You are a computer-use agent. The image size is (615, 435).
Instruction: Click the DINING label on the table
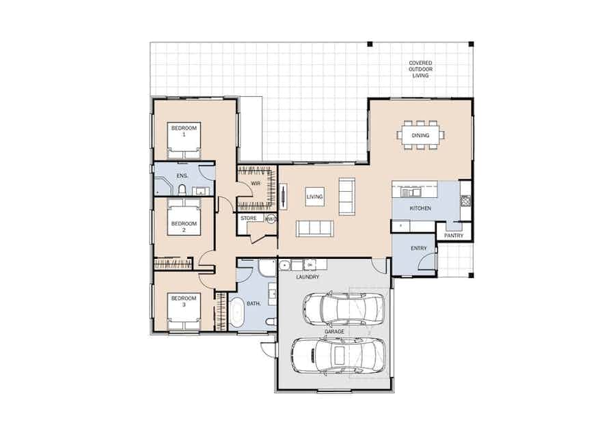[420, 136]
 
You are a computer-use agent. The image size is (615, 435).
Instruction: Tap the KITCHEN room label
[420, 208]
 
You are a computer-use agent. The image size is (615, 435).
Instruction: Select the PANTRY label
[454, 236]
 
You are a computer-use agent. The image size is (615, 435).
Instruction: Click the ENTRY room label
[418, 249]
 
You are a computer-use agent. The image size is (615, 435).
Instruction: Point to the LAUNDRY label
[307, 277]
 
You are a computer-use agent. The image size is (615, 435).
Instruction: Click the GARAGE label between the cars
[334, 331]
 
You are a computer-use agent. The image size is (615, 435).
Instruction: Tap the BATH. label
[254, 304]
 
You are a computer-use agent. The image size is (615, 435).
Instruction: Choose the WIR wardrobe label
[256, 184]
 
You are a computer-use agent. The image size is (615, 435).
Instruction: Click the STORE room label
[249, 219]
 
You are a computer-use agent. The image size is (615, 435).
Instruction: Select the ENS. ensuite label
[182, 176]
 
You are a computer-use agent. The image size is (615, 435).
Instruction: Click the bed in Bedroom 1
[184, 140]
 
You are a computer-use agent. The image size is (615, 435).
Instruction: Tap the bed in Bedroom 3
[184, 311]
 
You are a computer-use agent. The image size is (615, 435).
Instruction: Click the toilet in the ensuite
[182, 190]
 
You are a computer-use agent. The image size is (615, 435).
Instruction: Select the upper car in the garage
[343, 309]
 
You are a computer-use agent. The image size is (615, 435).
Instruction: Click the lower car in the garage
[338, 356]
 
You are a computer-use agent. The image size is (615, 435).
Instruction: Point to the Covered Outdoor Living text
[420, 69]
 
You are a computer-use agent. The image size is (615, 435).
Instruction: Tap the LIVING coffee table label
[314, 197]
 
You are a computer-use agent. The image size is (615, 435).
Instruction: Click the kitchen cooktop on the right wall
[465, 200]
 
